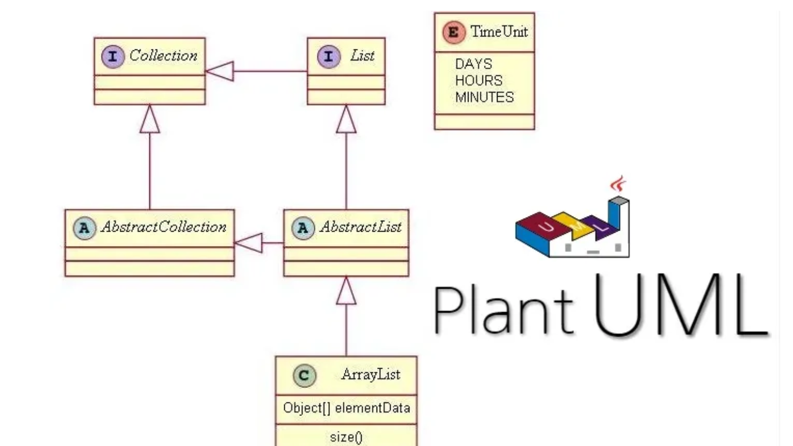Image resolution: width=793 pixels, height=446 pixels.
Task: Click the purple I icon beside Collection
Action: pyautogui.click(x=113, y=56)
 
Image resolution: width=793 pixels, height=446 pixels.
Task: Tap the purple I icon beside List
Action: pyautogui.click(x=328, y=56)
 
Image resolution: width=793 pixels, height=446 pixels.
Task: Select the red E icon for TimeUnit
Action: pyautogui.click(x=453, y=32)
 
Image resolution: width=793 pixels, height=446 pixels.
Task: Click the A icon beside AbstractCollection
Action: pyautogui.click(x=84, y=228)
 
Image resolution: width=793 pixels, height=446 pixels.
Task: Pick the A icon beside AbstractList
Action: pyautogui.click(x=303, y=228)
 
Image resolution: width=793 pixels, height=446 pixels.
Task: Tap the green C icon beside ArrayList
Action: pyautogui.click(x=304, y=375)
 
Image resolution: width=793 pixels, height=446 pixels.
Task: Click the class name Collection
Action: pyautogui.click(x=163, y=55)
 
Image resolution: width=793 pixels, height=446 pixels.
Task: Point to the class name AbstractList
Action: pyautogui.click(x=361, y=227)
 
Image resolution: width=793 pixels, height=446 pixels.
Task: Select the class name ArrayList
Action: pyautogui.click(x=371, y=374)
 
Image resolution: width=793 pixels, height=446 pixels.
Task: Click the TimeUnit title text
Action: pyautogui.click(x=499, y=32)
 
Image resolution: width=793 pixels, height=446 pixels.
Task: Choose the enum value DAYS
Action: pyautogui.click(x=473, y=64)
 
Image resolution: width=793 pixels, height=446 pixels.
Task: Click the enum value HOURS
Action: pyautogui.click(x=479, y=81)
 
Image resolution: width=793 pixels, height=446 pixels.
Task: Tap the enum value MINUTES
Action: pyautogui.click(x=485, y=97)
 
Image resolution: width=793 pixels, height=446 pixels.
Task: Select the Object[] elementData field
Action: pyautogui.click(x=347, y=408)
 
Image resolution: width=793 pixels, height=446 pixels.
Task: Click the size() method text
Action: pyautogui.click(x=347, y=437)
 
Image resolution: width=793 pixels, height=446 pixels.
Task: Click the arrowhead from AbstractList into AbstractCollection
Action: pyautogui.click(x=249, y=243)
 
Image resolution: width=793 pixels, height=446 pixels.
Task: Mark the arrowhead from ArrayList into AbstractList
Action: pyautogui.click(x=346, y=291)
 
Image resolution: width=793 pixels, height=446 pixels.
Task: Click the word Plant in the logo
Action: pyautogui.click(x=504, y=310)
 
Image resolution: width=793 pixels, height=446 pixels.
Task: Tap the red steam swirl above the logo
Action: pyautogui.click(x=618, y=184)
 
